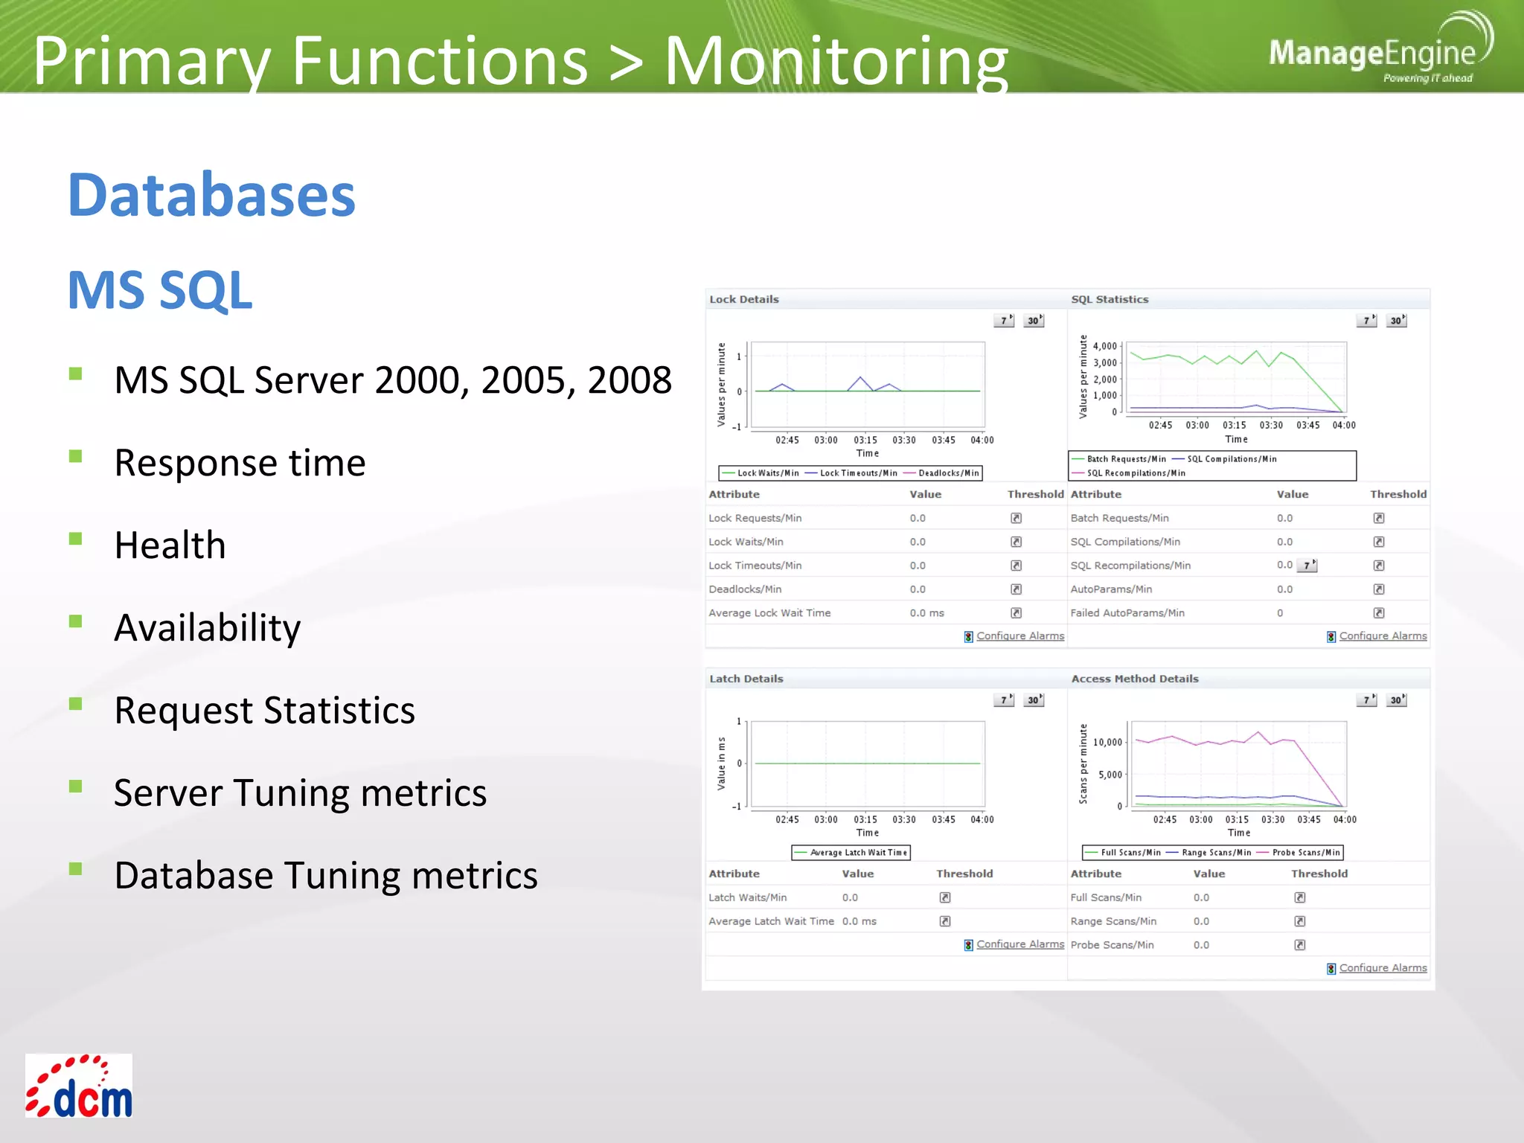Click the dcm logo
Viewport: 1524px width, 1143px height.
click(79, 1086)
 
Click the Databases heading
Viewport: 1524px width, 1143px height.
click(211, 196)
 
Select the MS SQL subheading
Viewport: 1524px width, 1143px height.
click(160, 290)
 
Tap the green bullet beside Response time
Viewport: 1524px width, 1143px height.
click(75, 455)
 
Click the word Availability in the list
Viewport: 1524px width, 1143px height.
click(208, 628)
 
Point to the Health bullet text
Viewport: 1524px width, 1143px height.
click(170, 545)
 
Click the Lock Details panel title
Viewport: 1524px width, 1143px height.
click(743, 299)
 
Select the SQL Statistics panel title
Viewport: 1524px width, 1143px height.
click(1109, 299)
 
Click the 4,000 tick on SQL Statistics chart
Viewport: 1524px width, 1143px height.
click(1104, 346)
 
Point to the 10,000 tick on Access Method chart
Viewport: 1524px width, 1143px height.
click(1107, 742)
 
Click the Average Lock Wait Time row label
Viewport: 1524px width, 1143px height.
click(769, 613)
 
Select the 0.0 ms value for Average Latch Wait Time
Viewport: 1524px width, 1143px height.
click(859, 921)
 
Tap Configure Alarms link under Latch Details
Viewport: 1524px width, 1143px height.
click(1019, 944)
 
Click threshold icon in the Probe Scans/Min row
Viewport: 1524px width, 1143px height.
click(1299, 945)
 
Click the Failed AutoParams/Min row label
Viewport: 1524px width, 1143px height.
click(1127, 613)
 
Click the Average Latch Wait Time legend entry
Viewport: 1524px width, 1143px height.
click(858, 853)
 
